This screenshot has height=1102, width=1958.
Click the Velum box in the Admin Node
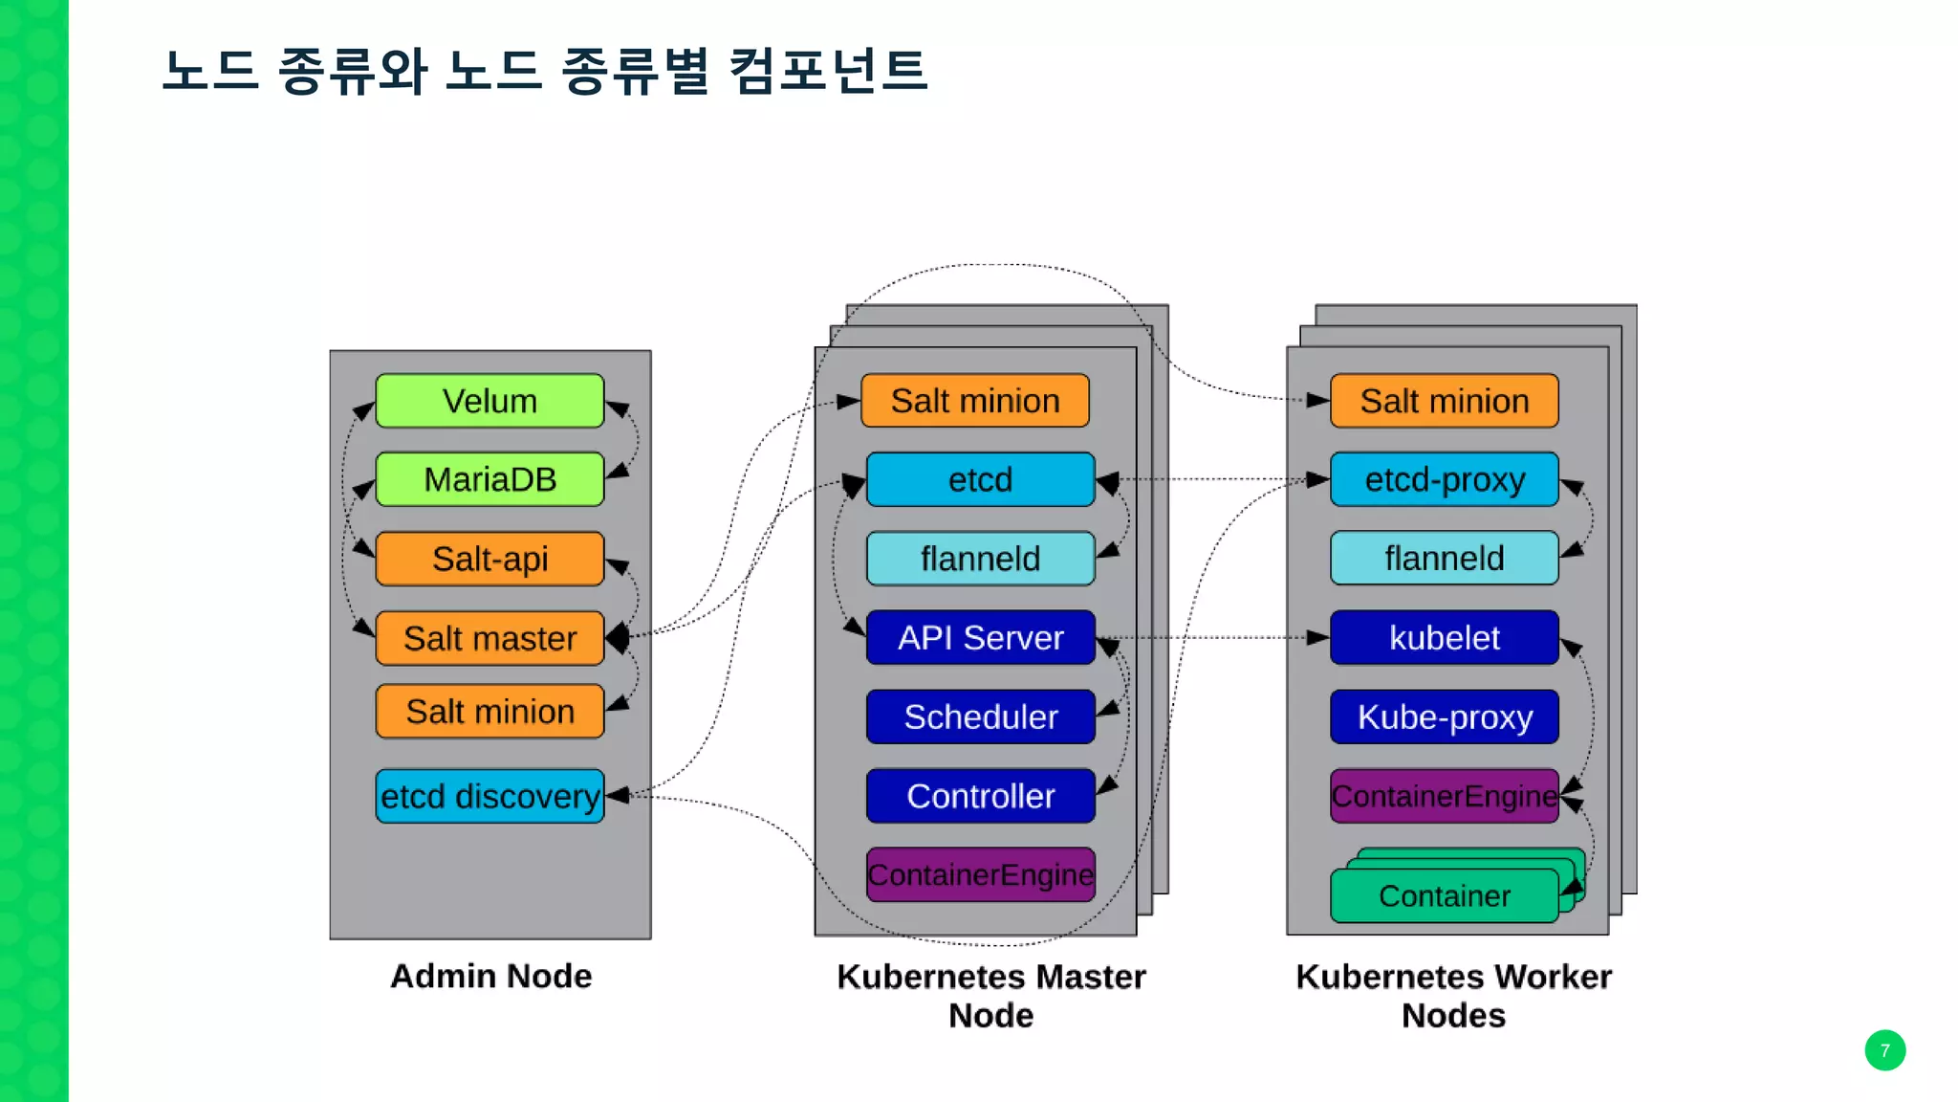(489, 401)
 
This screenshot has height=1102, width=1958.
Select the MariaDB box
(489, 479)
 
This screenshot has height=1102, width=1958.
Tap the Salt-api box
(489, 559)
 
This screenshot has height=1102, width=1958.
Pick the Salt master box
(489, 638)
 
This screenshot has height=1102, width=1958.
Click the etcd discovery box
(489, 796)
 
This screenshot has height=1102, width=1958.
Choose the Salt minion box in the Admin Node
(489, 712)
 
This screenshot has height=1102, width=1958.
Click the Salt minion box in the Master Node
(974, 401)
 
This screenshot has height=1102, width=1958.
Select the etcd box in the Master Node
(980, 479)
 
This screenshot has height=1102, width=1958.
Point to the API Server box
(980, 638)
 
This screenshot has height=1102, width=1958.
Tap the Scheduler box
(980, 716)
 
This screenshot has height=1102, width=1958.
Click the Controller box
(980, 796)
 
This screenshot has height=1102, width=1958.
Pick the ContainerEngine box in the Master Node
(980, 874)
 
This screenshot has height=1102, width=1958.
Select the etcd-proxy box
(1444, 479)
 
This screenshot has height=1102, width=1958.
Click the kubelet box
(1444, 638)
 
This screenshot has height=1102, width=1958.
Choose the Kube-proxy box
(1444, 716)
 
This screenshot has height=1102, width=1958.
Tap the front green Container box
(1444, 896)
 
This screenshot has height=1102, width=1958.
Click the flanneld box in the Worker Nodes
(1444, 559)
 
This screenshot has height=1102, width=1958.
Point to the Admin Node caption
(490, 976)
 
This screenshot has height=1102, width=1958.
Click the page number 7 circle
(1884, 1050)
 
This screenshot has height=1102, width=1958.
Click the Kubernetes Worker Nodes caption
(1452, 996)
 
